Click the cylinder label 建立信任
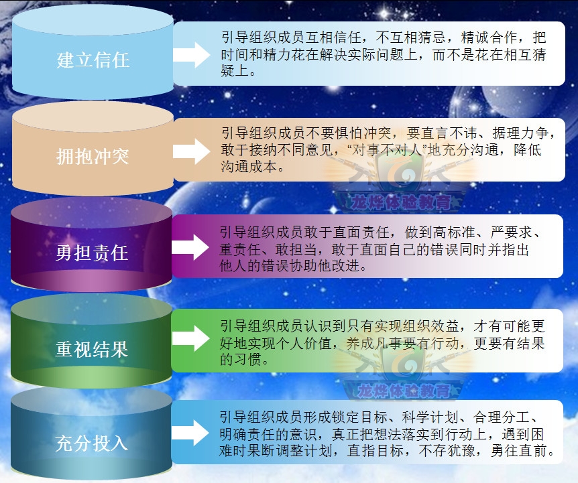(93, 60)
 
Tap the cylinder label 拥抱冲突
(93, 156)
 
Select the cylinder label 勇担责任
(92, 253)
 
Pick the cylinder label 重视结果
(92, 349)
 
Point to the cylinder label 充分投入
(92, 443)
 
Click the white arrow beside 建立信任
(192, 55)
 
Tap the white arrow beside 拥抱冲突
(192, 151)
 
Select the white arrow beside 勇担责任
(190, 247)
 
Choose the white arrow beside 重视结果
(190, 338)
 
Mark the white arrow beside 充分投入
(190, 433)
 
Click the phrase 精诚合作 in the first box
(489, 38)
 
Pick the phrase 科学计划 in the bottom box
(430, 417)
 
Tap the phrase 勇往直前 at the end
(519, 451)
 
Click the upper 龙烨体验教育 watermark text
(401, 202)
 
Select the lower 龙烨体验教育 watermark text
(404, 391)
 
